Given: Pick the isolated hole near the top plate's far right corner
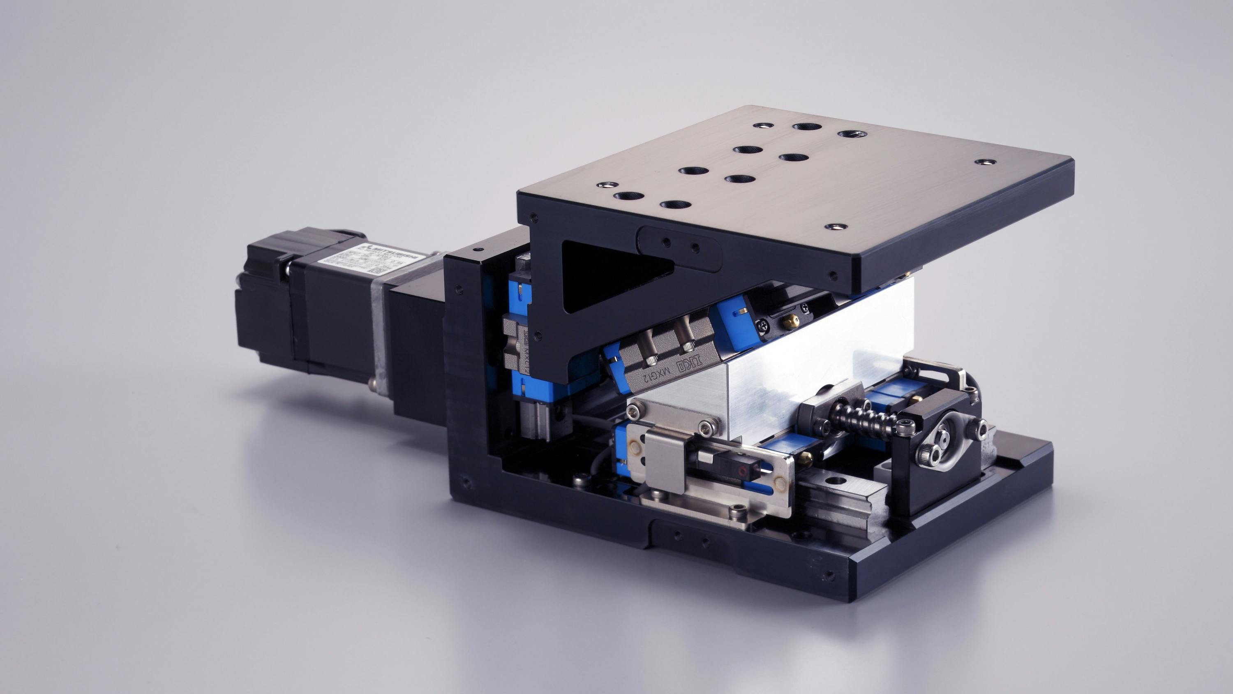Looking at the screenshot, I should tap(985, 162).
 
